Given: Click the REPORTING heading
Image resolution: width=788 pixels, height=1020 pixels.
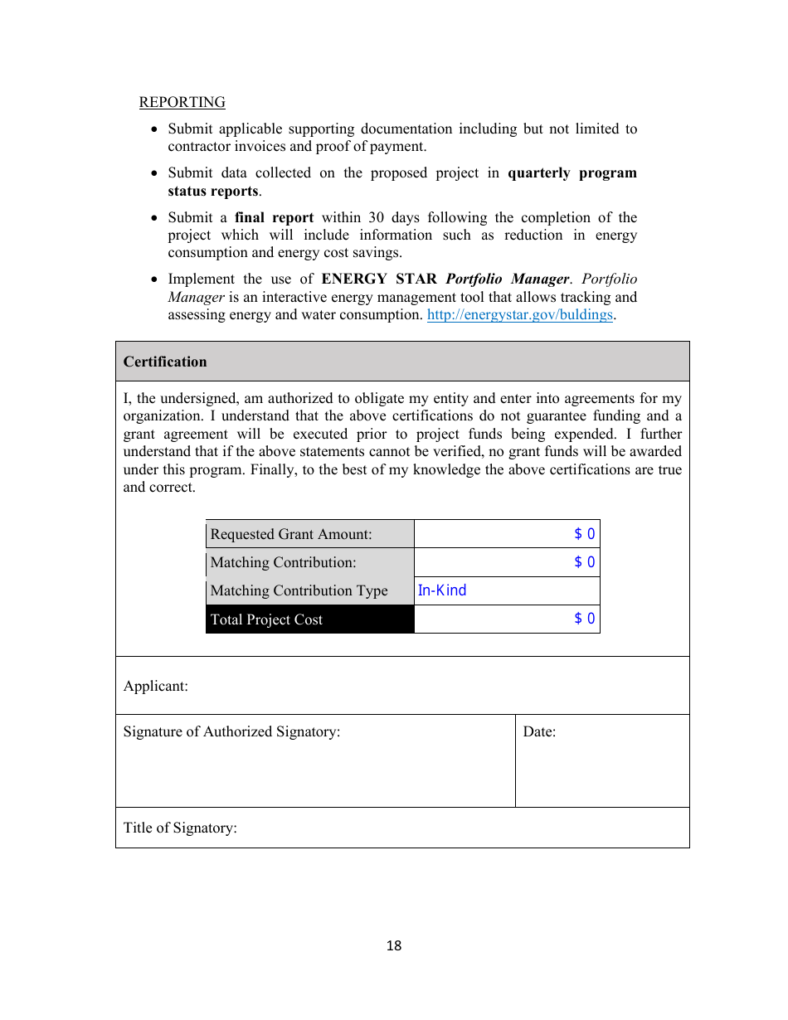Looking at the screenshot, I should click(x=182, y=102).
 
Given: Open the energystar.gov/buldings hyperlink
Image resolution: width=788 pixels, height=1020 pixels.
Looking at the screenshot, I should click(x=519, y=315).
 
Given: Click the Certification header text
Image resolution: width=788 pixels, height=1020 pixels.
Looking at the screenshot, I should click(x=165, y=362).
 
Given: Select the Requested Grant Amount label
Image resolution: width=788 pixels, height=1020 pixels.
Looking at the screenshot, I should click(x=291, y=534).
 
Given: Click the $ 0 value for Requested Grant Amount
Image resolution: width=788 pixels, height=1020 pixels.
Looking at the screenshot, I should click(x=584, y=534).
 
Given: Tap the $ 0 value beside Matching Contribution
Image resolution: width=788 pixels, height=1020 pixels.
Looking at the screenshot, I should click(x=584, y=562).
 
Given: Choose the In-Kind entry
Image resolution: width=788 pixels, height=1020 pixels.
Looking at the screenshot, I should click(x=442, y=590).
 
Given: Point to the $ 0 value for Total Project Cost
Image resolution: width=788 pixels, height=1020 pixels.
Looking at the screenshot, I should click(x=584, y=619).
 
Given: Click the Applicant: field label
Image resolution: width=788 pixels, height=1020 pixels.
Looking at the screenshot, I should click(x=156, y=686).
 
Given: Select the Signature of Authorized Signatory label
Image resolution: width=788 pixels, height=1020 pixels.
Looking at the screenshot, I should click(x=231, y=731).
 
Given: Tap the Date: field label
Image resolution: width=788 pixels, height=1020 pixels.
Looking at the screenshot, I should click(x=539, y=731).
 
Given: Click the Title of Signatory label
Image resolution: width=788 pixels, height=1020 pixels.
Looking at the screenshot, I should click(x=180, y=828).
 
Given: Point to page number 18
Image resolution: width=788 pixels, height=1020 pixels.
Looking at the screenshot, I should click(x=394, y=945).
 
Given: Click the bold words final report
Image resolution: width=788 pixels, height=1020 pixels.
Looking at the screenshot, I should click(x=274, y=217).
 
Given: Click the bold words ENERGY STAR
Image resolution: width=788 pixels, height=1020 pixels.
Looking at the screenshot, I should click(x=379, y=279).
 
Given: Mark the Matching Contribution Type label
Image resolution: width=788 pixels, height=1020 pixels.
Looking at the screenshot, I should click(x=299, y=590).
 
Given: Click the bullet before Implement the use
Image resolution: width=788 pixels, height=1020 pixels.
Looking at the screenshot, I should click(x=153, y=279).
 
